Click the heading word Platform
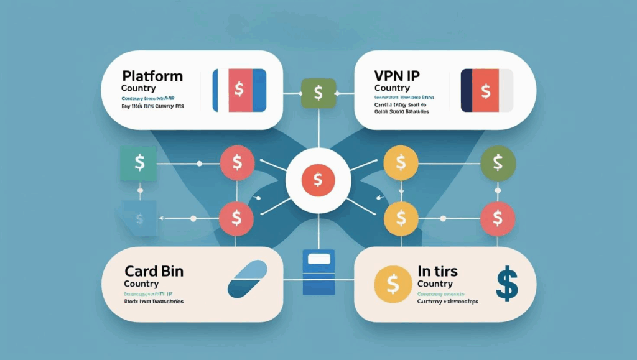click(x=152, y=76)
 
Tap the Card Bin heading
click(x=153, y=271)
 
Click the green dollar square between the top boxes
click(x=318, y=94)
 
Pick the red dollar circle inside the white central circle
click(x=318, y=181)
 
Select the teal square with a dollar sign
click(x=140, y=163)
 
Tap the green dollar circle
click(x=498, y=163)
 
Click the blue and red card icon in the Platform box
click(x=239, y=90)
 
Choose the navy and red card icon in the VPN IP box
click(x=486, y=90)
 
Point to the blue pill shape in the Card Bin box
click(x=248, y=280)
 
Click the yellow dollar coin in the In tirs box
click(x=392, y=285)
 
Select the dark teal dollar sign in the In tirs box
click(x=507, y=284)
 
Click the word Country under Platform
click(x=139, y=88)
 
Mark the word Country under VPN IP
click(x=392, y=88)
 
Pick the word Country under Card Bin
click(x=142, y=284)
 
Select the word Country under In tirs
click(x=435, y=284)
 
